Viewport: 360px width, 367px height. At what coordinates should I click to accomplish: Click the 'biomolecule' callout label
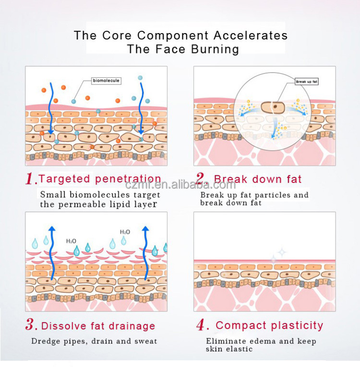point(106,81)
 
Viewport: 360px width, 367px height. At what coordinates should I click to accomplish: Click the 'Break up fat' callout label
point(307,82)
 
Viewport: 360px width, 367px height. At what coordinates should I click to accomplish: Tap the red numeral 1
point(31,180)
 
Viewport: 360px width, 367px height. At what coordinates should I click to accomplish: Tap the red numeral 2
point(200,180)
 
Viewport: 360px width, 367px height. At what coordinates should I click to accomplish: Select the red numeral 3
point(31,326)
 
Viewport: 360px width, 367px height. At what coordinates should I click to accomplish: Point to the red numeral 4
point(201,326)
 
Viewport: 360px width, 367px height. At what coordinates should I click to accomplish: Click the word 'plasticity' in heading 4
point(295,326)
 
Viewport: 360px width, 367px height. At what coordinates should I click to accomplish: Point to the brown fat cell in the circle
point(273,108)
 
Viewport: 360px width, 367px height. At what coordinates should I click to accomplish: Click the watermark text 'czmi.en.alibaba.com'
point(180,185)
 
